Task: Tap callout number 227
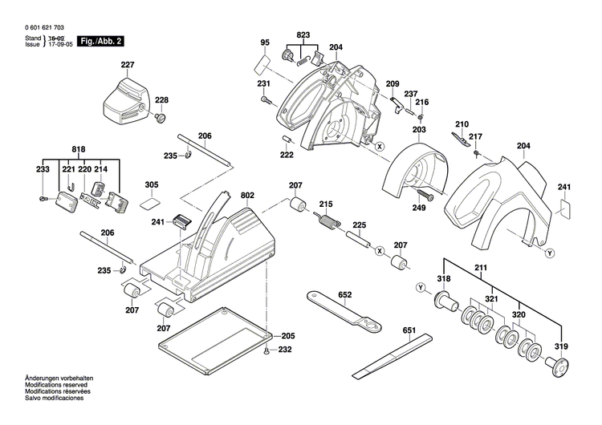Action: point(128,66)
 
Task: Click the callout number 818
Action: point(78,150)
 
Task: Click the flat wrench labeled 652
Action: point(345,312)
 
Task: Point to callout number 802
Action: point(246,195)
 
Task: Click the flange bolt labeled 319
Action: point(555,365)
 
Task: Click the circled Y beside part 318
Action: point(420,288)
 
